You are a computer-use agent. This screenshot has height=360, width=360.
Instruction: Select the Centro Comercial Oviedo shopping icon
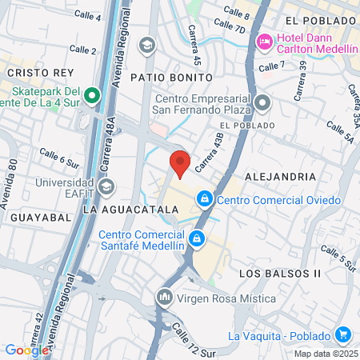(x=205, y=197)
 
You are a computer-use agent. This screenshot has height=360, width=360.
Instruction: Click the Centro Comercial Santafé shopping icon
(x=196, y=238)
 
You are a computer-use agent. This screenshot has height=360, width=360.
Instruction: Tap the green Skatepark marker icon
(x=92, y=97)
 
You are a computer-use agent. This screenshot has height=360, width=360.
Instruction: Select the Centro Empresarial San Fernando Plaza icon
(x=262, y=103)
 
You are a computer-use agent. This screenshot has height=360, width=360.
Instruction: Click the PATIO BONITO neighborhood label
(x=173, y=78)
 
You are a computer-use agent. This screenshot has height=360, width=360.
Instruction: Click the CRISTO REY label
(x=30, y=72)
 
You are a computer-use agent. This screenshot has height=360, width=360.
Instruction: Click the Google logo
(x=26, y=350)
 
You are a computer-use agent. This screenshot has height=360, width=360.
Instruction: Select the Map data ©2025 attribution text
(x=325, y=354)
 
